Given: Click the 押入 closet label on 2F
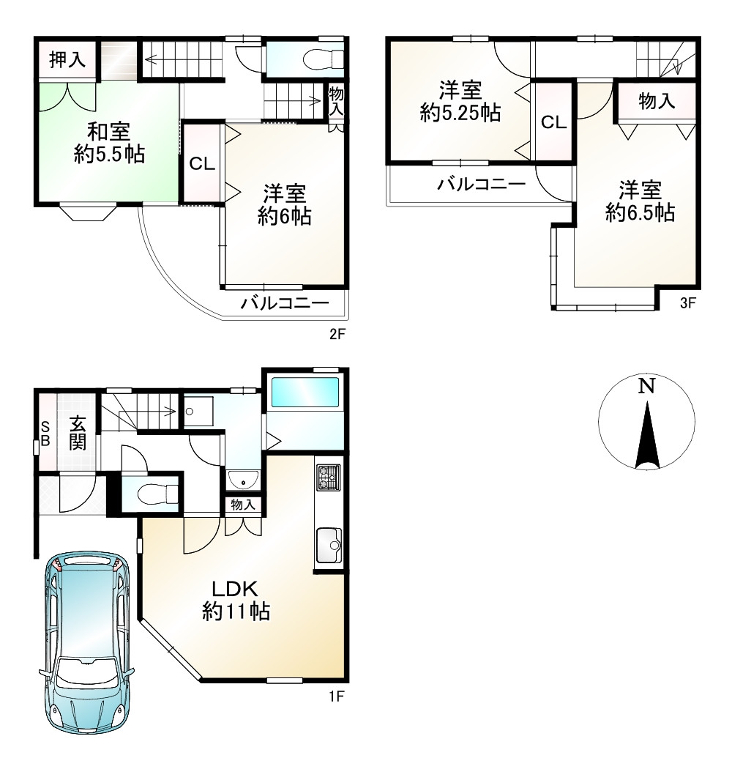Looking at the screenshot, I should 67,60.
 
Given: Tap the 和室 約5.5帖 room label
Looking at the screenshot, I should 108,143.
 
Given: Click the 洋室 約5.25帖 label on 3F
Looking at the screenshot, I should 460,102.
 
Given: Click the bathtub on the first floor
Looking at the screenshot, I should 305,393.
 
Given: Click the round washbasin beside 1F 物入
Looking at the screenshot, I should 242,480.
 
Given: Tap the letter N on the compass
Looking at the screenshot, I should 645,386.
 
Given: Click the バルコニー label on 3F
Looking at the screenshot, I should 481,185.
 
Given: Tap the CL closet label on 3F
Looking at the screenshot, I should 553,122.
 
